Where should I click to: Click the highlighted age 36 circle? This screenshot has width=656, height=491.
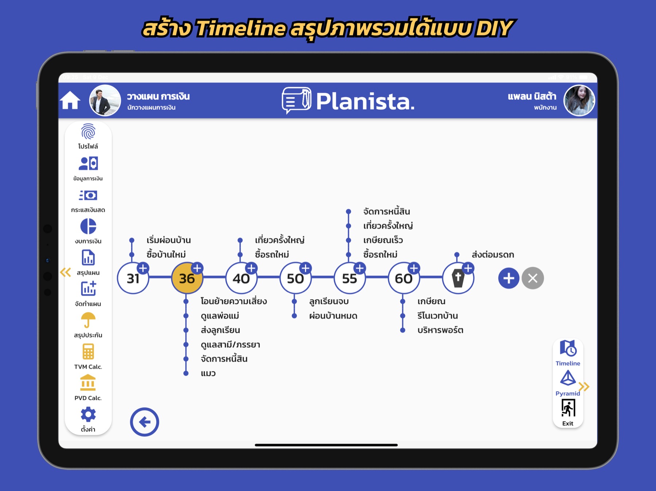click(x=187, y=278)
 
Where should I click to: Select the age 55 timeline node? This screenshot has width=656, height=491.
click(x=350, y=278)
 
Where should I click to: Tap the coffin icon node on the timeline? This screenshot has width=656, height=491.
click(x=458, y=278)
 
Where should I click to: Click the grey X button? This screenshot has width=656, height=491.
click(x=532, y=278)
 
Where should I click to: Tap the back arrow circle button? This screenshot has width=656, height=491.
click(x=144, y=422)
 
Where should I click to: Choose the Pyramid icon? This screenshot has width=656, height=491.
click(x=568, y=378)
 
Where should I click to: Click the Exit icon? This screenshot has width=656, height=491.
click(x=568, y=408)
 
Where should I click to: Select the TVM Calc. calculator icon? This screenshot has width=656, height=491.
click(x=88, y=352)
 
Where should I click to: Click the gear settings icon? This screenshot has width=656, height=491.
click(x=88, y=414)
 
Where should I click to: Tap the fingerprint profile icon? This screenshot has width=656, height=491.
click(x=88, y=131)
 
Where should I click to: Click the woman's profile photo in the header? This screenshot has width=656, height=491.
click(x=579, y=100)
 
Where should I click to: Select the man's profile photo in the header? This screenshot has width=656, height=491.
click(x=105, y=100)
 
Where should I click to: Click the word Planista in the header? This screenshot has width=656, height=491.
click(x=365, y=101)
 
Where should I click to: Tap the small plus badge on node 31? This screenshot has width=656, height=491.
click(x=143, y=268)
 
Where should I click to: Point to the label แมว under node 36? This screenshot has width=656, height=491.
click(x=208, y=373)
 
